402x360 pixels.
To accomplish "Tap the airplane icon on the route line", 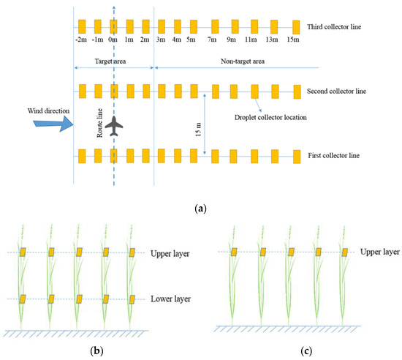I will click(114, 126).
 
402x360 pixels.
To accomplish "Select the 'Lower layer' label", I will click(170, 299).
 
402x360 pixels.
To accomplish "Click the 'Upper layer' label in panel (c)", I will click(379, 252).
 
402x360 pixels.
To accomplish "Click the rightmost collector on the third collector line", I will click(295, 28).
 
